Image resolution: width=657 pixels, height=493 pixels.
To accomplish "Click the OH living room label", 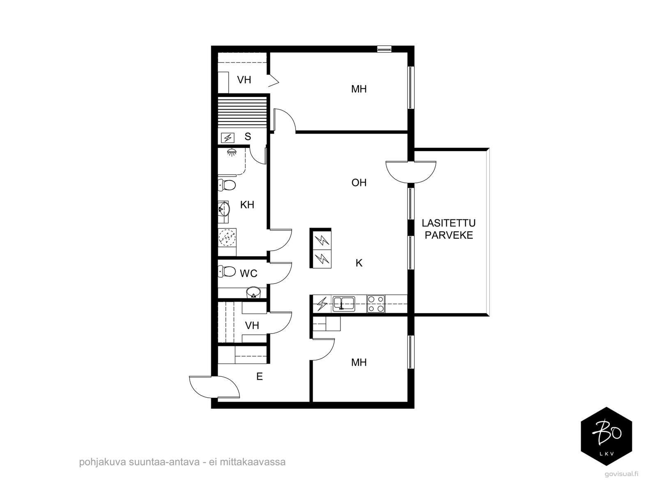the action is [x=358, y=182].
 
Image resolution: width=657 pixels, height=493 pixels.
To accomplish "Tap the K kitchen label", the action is [x=359, y=263].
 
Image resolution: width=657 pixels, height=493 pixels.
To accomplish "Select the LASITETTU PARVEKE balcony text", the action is [x=449, y=229].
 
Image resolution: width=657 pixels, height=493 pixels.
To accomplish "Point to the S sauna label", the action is [x=248, y=136].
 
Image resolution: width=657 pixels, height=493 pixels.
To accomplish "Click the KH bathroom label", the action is [x=247, y=205].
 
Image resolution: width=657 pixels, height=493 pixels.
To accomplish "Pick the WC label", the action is [x=248, y=273].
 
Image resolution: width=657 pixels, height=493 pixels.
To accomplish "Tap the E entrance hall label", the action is [x=260, y=377].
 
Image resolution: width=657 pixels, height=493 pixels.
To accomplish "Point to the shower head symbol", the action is [x=231, y=152].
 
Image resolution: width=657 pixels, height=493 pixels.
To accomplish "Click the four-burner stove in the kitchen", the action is [x=376, y=304].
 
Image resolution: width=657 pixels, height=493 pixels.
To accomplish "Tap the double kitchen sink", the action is [x=343, y=304].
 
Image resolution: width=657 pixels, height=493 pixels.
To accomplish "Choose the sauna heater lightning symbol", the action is [x=227, y=138].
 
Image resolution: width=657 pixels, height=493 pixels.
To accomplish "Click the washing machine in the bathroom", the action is [x=227, y=238].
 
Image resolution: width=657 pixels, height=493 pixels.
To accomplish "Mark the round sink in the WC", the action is [x=253, y=293].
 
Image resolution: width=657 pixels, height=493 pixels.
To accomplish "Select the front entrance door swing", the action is [x=214, y=387].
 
